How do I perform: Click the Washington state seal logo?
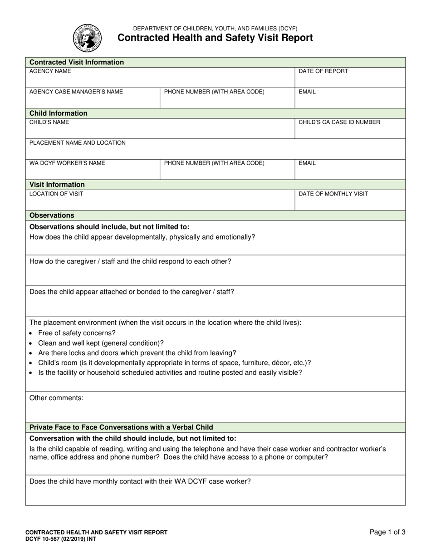tap(88, 38)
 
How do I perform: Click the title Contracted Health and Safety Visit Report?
tap(215, 38)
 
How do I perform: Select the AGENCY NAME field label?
tap(50, 71)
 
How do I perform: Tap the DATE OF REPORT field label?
tap(323, 71)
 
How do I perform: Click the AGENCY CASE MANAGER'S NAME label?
tap(76, 92)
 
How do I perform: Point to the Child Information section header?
tap(59, 113)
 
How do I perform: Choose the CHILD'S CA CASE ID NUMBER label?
tap(339, 122)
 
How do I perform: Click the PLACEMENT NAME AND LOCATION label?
tap(78, 143)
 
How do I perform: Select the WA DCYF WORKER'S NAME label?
tap(67, 163)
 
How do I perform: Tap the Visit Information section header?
tap(57, 185)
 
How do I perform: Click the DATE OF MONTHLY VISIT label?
tap(333, 194)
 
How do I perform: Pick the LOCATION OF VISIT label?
tap(56, 194)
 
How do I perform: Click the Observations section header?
tap(52, 215)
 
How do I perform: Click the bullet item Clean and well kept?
tap(101, 343)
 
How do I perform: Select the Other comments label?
tap(56, 398)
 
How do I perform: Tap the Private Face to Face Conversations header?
tap(121, 427)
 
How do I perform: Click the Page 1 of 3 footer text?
tap(387, 533)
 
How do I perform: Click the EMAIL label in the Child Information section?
tap(307, 163)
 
